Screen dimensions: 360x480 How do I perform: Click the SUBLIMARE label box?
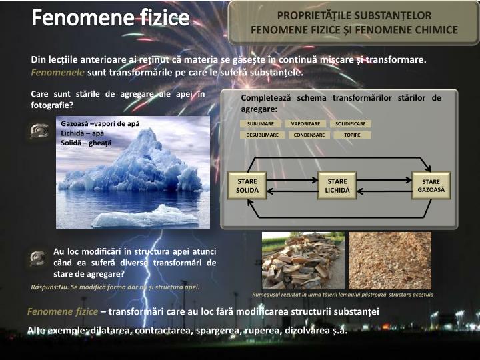tap(260, 124)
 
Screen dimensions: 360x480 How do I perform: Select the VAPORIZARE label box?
tap(305, 124)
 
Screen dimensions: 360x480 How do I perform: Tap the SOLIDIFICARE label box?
tap(351, 124)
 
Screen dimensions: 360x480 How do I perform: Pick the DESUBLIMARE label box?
tap(262, 135)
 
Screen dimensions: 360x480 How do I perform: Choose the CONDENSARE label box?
tap(309, 135)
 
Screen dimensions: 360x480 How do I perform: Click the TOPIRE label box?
tap(351, 135)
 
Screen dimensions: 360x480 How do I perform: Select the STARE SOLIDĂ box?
tap(247, 186)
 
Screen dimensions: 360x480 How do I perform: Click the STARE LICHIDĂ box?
tap(337, 186)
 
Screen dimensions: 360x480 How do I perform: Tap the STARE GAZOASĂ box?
tap(431, 186)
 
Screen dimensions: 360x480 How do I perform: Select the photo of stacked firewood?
tap(303, 261)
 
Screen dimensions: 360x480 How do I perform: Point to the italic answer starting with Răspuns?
tap(115, 287)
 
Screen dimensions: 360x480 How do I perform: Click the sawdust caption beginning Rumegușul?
tap(343, 294)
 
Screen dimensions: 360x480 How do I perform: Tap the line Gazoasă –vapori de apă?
tap(100, 123)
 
